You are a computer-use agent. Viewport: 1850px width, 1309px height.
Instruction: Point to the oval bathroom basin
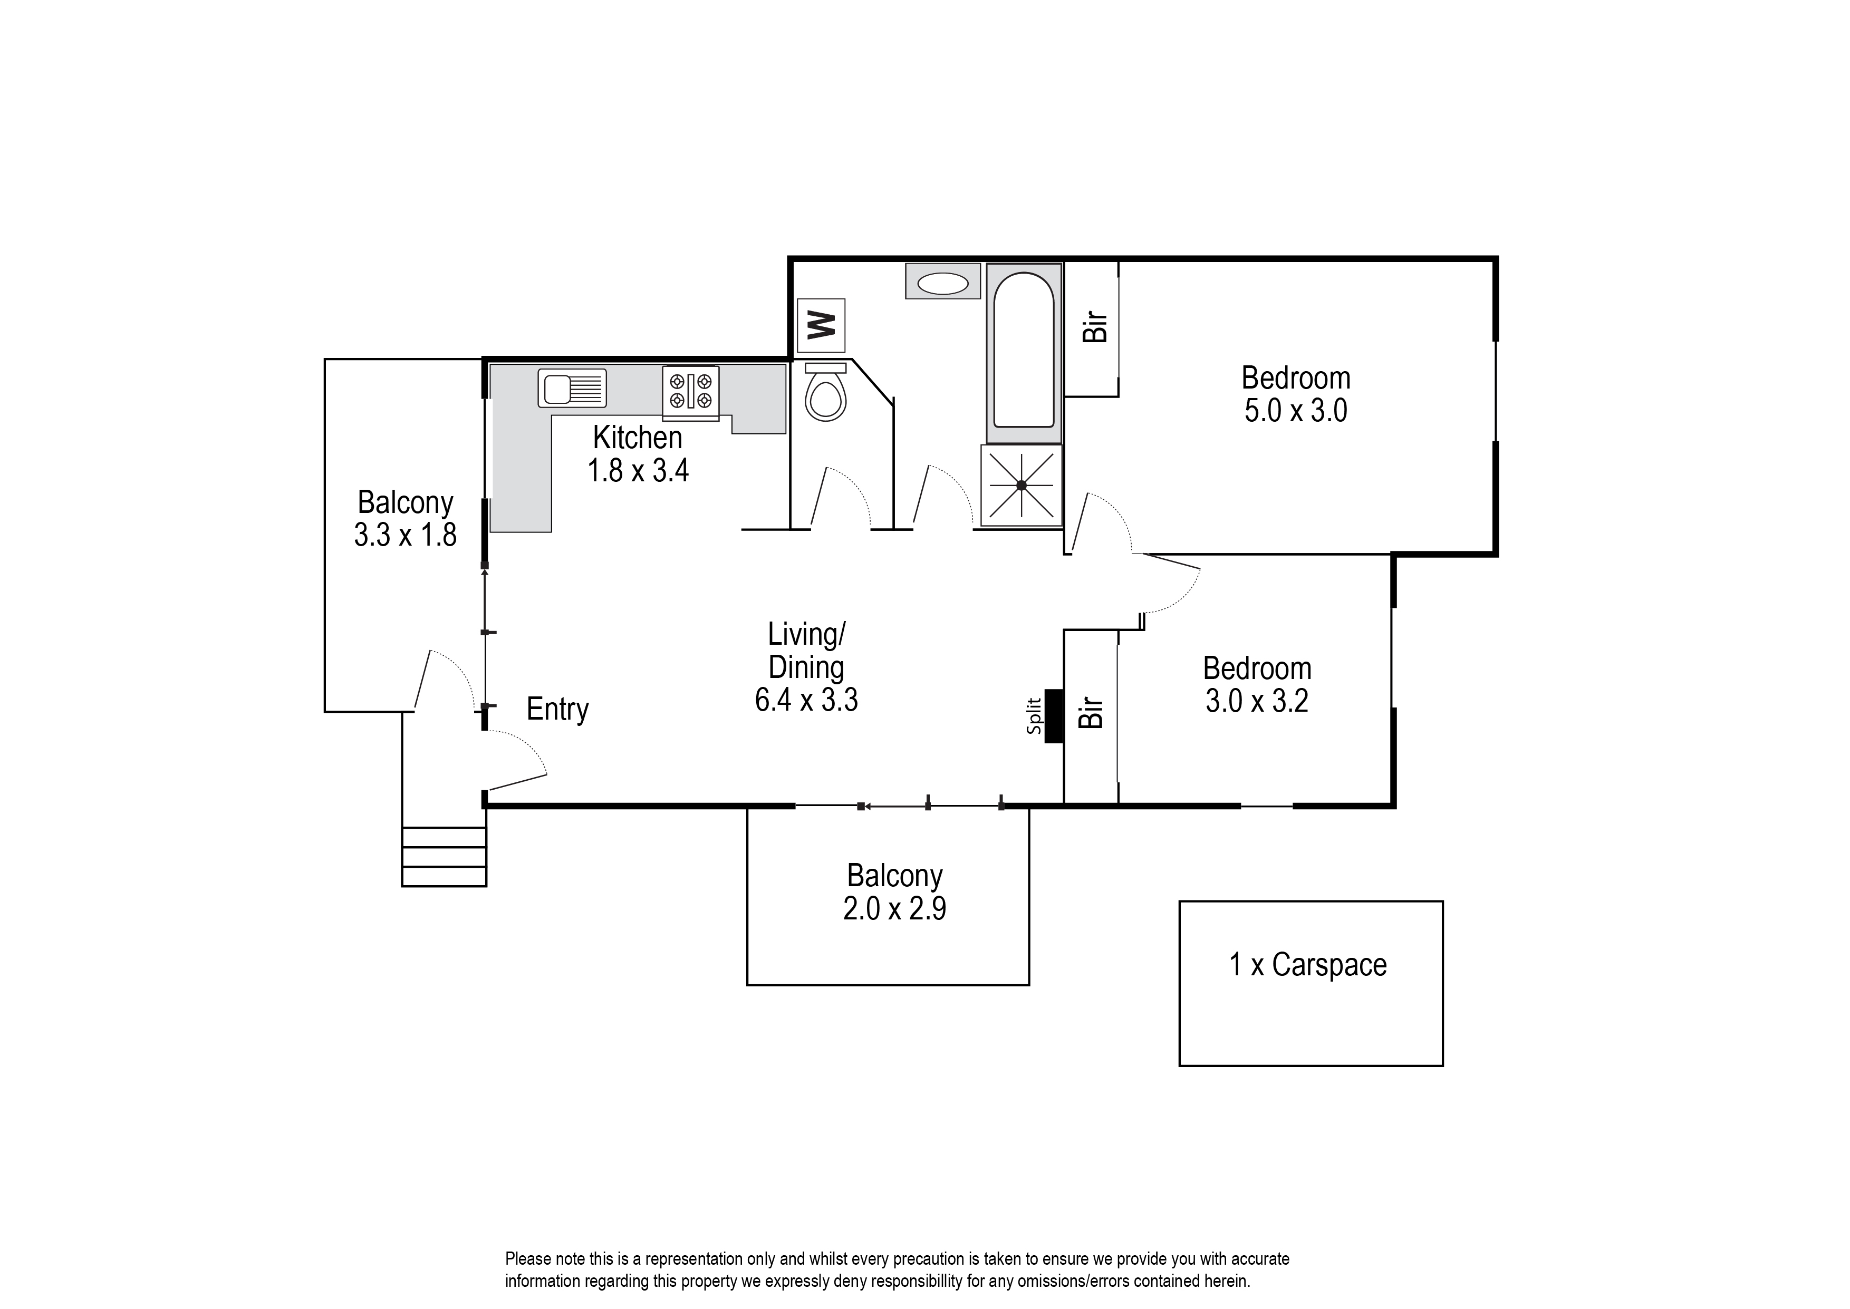(x=942, y=283)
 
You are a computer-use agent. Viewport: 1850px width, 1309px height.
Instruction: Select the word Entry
(x=557, y=709)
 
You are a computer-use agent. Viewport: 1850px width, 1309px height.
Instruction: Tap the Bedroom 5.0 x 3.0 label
(x=1295, y=394)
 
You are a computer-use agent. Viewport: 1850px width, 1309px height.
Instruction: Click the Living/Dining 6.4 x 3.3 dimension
(x=806, y=700)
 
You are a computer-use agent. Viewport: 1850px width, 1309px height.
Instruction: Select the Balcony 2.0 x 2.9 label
(x=894, y=893)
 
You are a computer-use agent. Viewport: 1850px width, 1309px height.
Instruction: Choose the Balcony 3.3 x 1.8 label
(x=406, y=518)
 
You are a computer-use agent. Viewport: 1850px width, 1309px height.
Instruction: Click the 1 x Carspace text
(x=1307, y=965)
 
